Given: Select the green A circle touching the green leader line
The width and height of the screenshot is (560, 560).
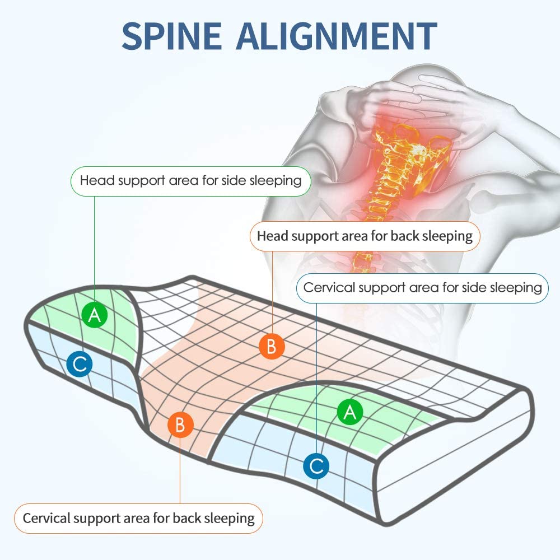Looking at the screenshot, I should (94, 316).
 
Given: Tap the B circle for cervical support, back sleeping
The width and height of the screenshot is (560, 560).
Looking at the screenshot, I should (180, 424).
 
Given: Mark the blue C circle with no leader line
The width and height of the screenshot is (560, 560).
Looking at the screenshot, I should (78, 365).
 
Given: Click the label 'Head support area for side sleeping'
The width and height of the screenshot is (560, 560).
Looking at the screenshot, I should (190, 180).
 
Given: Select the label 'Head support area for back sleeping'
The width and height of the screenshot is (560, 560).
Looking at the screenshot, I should (365, 236).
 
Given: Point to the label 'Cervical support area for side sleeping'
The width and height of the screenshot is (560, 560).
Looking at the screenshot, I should (422, 287).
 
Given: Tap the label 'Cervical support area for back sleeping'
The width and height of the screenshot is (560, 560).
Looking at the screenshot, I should (138, 517).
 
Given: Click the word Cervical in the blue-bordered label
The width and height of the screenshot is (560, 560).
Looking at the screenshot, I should (329, 287).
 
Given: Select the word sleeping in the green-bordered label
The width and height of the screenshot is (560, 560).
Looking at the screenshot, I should (278, 181).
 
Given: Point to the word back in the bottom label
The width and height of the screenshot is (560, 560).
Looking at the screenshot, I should (185, 517).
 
